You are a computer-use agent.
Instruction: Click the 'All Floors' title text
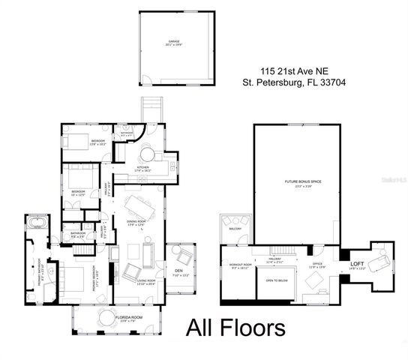[x=235, y=328]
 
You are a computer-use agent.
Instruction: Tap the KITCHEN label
[x=142, y=168]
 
